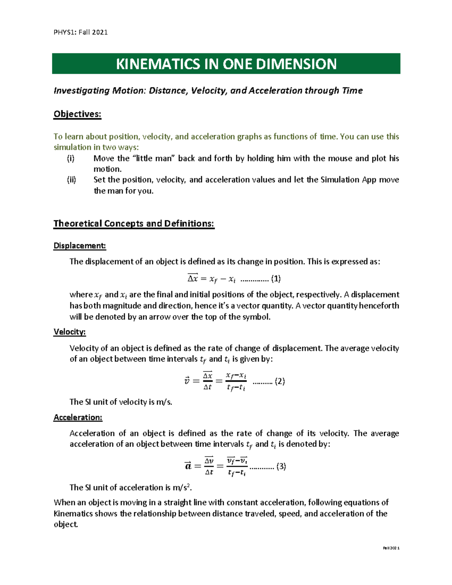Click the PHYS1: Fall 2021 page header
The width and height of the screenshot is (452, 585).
[81, 32]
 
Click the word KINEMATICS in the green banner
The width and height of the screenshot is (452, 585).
[158, 64]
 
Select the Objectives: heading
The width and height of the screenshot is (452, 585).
[77, 114]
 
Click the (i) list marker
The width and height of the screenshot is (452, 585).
[71, 158]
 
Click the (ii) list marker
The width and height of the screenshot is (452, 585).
[71, 180]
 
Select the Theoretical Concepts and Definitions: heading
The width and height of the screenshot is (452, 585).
[134, 223]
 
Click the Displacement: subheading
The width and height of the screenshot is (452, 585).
[79, 246]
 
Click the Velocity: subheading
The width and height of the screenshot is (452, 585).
[69, 332]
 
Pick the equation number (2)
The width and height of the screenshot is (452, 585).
[279, 381]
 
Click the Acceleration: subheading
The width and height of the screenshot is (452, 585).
[78, 417]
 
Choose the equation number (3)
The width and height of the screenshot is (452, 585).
[281, 466]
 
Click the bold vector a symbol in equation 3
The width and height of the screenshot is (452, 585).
[188, 466]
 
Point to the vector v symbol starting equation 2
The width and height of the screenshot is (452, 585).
[187, 381]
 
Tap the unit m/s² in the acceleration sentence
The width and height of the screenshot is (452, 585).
[182, 487]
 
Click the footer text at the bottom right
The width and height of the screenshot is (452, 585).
[391, 548]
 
